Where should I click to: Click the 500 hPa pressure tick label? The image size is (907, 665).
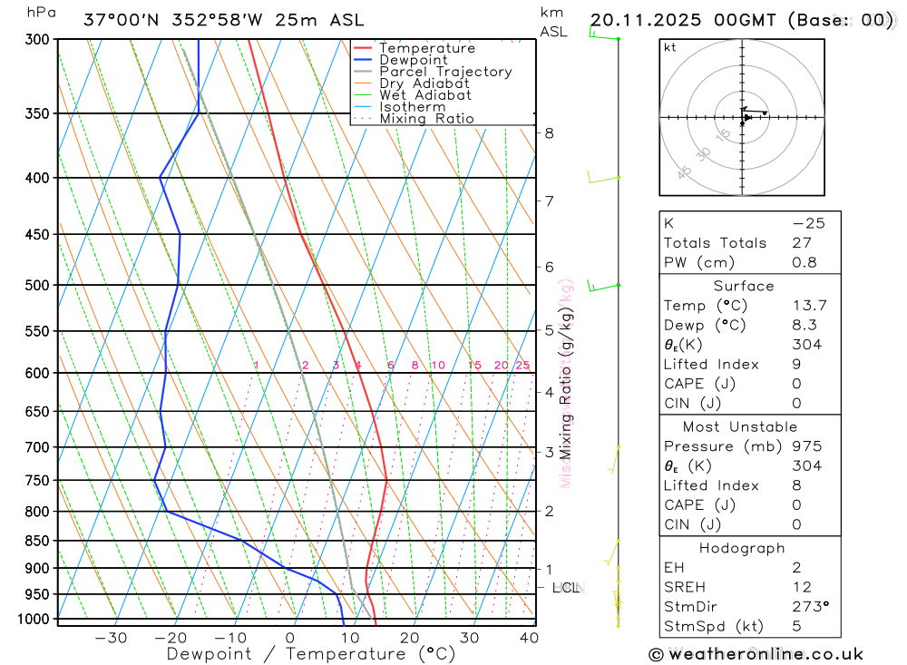pos(38,285)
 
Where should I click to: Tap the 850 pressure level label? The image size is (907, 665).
pos(38,541)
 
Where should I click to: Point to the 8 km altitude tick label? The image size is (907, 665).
pos(549,133)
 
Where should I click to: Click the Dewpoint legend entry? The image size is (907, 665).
pos(413,60)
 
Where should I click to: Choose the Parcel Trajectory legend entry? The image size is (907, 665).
pos(445,72)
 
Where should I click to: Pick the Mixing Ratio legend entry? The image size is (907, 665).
pos(426,118)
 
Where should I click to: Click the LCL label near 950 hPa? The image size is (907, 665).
pos(566,588)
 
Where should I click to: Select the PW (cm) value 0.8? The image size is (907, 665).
pos(805,263)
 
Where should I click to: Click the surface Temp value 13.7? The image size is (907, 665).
pos(809,306)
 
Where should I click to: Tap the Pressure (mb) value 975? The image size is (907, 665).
pos(806,446)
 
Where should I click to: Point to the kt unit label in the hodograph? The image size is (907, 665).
pos(670,47)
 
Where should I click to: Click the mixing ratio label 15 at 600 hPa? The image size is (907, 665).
pos(474,366)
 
